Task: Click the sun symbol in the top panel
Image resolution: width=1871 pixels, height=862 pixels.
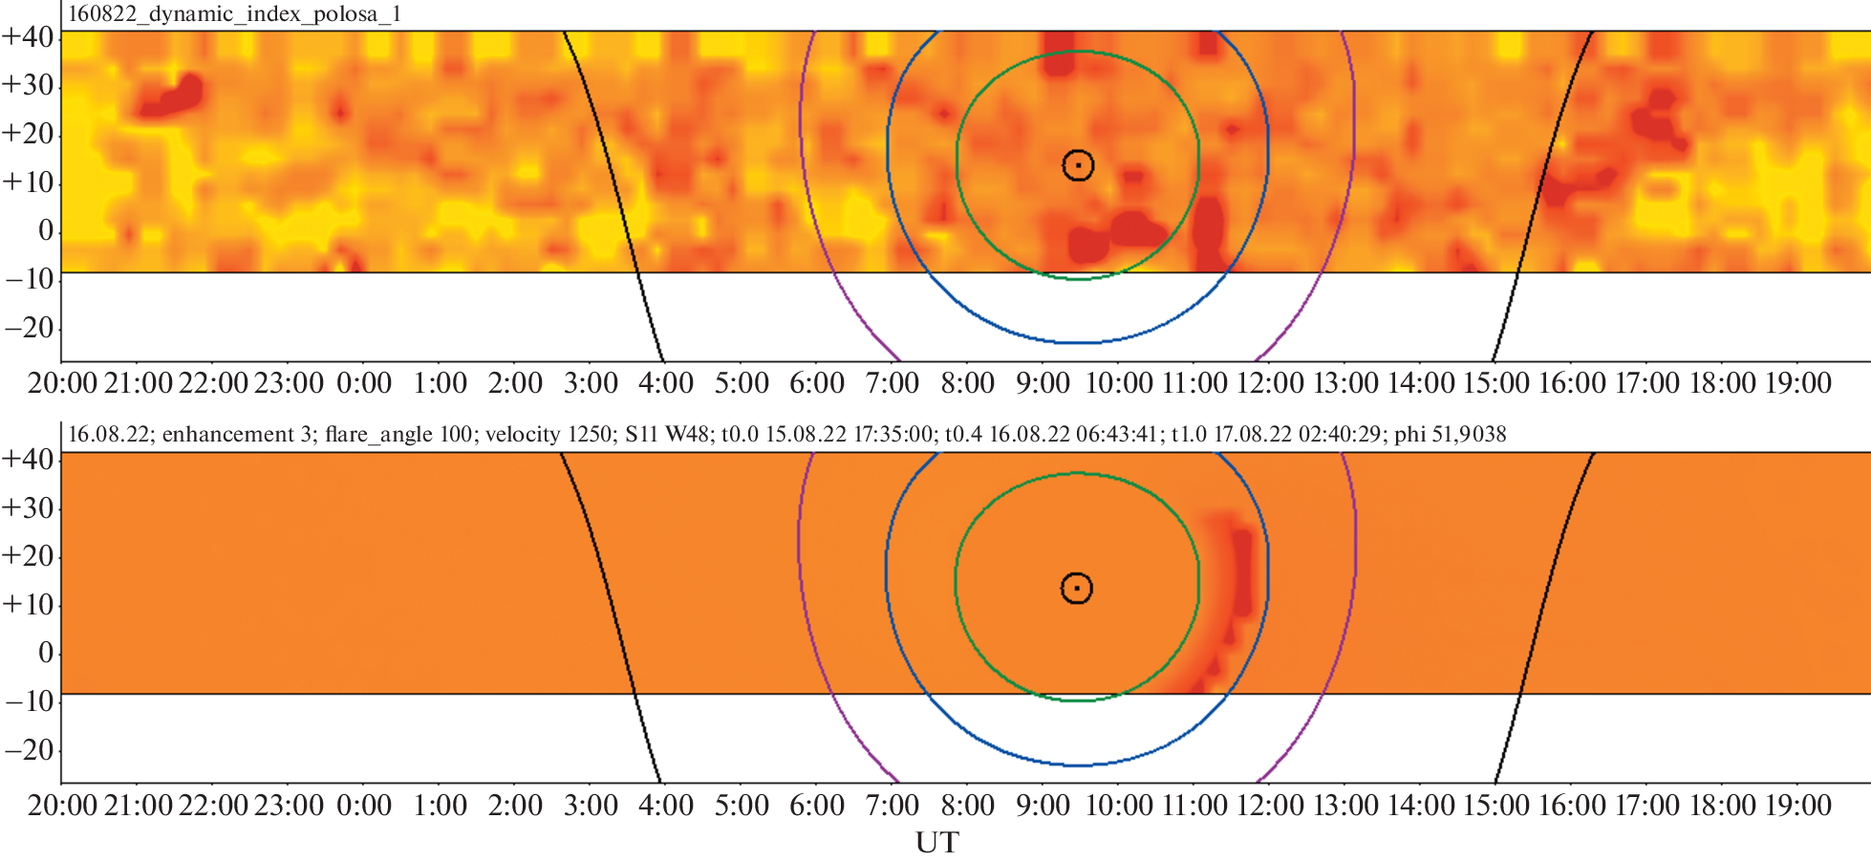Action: tap(1078, 165)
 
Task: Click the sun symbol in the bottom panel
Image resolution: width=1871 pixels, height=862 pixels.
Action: tap(1077, 588)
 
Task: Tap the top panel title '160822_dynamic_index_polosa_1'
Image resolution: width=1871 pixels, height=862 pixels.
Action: tap(235, 14)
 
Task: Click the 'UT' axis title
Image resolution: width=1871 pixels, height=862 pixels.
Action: tap(936, 843)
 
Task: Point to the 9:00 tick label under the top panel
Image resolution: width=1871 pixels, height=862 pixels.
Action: tap(1043, 383)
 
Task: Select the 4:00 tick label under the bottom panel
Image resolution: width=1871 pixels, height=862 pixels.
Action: tap(665, 806)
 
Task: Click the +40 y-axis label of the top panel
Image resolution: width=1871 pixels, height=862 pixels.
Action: tap(29, 36)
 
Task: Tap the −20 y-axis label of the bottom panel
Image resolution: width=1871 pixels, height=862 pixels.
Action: tap(29, 749)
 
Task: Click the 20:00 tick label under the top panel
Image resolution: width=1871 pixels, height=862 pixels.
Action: tap(63, 383)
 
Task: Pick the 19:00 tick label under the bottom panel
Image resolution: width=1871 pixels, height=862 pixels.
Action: tap(1797, 806)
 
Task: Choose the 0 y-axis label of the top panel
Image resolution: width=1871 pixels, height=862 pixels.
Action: tap(45, 230)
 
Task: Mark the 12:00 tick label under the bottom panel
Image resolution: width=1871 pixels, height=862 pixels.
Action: tap(1269, 806)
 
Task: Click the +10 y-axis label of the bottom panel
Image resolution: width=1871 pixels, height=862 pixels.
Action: tap(29, 604)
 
